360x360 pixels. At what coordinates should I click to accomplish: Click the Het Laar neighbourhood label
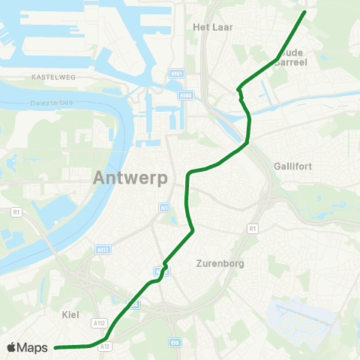point(214,27)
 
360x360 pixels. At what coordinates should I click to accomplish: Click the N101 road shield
point(176,73)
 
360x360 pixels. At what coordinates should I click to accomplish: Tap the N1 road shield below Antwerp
point(163,207)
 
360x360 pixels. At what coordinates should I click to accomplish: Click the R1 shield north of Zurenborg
point(252,228)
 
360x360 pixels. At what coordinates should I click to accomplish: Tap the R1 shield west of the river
point(16,212)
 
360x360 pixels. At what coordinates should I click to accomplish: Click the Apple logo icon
point(12,347)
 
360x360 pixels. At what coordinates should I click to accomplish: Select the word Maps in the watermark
point(34,347)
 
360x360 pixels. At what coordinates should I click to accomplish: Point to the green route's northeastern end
point(304,12)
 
